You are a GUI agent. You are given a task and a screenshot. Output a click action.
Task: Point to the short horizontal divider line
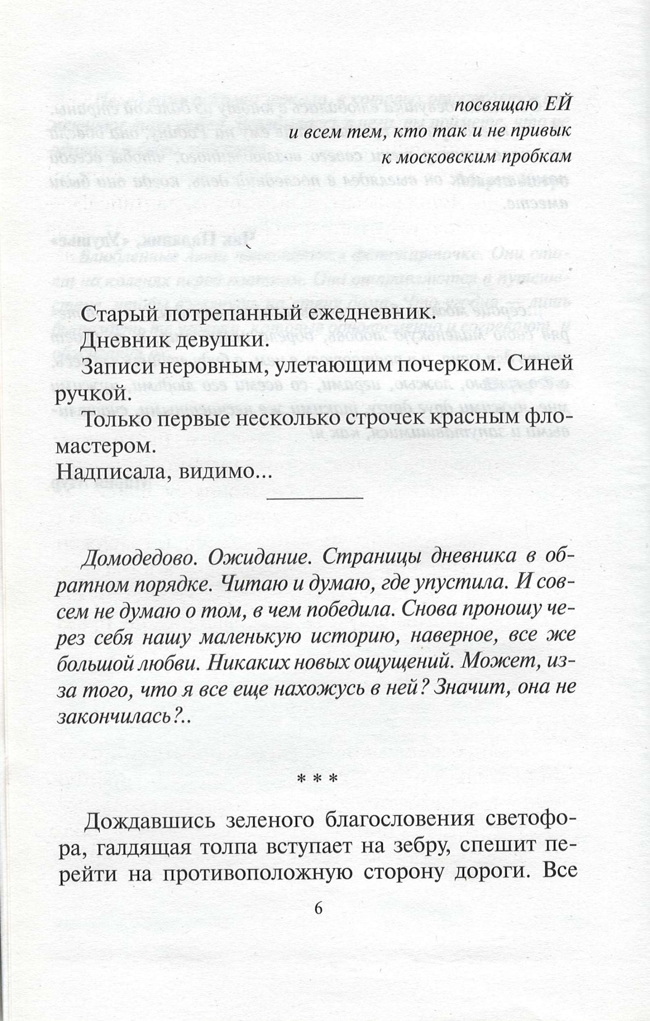[x=315, y=497]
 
